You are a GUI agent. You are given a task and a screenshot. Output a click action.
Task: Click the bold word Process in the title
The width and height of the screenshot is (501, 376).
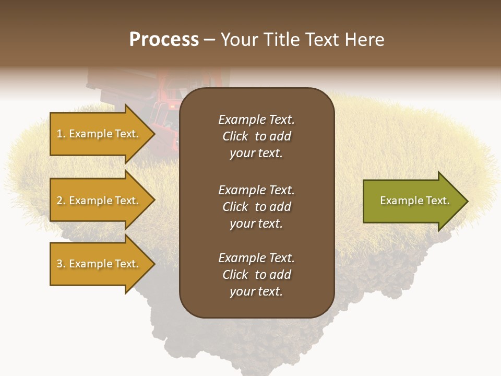pyautogui.click(x=164, y=40)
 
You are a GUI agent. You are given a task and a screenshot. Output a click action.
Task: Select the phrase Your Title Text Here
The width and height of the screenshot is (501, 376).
pyautogui.click(x=302, y=40)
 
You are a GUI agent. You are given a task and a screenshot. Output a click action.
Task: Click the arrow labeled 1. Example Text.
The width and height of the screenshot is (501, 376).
pyautogui.click(x=99, y=134)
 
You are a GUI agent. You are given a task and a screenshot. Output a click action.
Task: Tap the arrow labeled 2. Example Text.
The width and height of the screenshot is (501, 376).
pyautogui.click(x=99, y=201)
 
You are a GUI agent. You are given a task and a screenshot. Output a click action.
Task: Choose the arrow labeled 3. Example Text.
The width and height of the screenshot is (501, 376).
pyautogui.click(x=99, y=264)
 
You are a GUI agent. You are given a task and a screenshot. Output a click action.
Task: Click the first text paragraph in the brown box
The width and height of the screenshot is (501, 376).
pyautogui.click(x=256, y=136)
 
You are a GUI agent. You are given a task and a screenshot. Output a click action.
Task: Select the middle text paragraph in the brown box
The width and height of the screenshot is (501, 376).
pyautogui.click(x=256, y=207)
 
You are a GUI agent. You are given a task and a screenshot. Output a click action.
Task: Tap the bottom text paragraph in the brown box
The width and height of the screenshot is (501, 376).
pyautogui.click(x=256, y=275)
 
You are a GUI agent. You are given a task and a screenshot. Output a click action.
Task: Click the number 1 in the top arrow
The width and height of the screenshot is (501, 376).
pyautogui.click(x=59, y=134)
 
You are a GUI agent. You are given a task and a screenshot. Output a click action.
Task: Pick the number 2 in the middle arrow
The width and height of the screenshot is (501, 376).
pyautogui.click(x=59, y=201)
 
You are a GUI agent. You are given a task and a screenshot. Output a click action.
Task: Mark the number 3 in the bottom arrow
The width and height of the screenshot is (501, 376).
pyautogui.click(x=59, y=264)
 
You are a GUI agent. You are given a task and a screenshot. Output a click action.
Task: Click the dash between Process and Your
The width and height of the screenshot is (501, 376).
pyautogui.click(x=209, y=40)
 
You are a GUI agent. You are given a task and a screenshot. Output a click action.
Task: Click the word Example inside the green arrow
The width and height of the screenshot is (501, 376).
pyautogui.click(x=398, y=201)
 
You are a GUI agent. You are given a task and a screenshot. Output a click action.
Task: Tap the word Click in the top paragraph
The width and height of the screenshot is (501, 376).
pyautogui.click(x=235, y=136)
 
